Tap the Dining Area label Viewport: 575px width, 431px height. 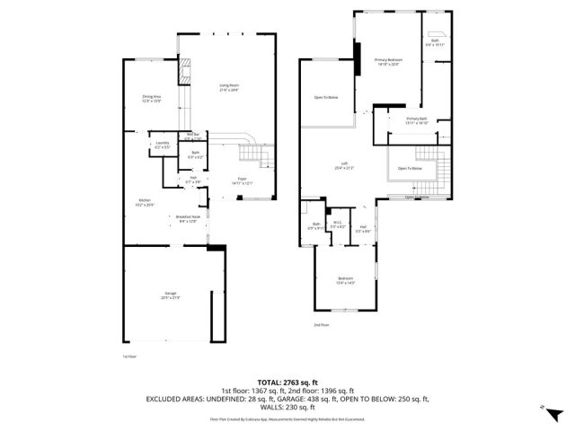(151, 98)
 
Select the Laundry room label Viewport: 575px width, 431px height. (163, 145)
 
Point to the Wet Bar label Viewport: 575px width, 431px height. (194, 136)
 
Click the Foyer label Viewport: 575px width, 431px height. (242, 180)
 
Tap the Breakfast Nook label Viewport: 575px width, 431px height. (187, 218)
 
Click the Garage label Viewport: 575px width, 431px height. (171, 296)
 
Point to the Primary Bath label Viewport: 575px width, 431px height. (416, 120)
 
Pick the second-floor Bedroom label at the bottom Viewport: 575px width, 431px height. (345, 280)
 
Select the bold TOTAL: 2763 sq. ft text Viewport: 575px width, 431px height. (287, 383)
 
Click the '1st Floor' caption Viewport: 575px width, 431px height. (129, 356)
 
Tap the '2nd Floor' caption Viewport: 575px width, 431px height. (322, 324)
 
